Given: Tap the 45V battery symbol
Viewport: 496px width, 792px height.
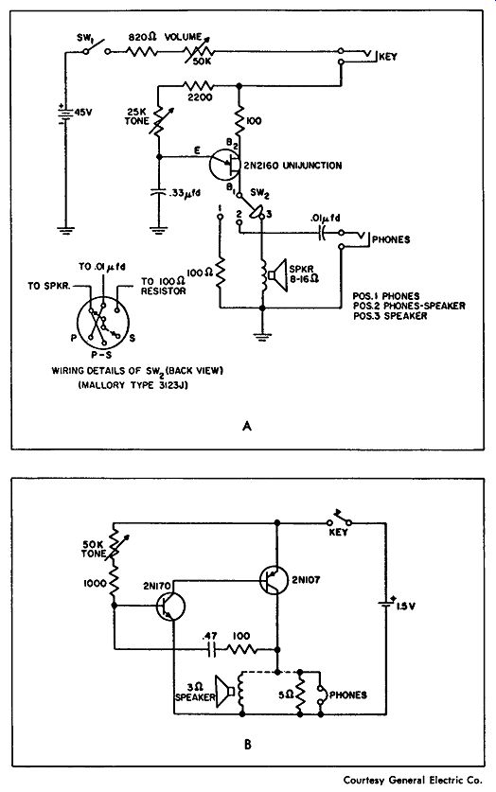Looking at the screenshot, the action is click(65, 114).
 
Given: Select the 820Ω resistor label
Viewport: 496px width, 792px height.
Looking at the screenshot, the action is click(142, 37).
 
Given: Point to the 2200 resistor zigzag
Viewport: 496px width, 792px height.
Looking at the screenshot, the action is click(199, 85).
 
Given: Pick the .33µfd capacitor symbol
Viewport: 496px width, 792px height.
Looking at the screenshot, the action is click(159, 192).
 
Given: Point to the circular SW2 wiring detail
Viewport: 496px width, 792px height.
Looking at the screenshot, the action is click(103, 324).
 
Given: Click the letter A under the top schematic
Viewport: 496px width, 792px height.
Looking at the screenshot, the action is click(247, 427).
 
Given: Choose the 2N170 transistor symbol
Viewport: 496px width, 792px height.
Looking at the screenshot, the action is click(170, 607).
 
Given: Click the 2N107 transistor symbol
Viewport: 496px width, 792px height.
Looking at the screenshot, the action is click(275, 579).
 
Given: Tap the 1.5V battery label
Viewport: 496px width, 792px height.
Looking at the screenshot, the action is click(405, 607).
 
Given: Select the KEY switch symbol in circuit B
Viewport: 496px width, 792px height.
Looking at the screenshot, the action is click(339, 519).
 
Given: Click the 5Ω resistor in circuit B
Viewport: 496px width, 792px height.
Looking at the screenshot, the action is click(300, 693).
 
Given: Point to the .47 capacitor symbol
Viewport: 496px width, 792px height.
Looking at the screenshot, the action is click(212, 650).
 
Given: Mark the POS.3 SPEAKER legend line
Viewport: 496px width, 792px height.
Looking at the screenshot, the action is click(390, 316).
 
